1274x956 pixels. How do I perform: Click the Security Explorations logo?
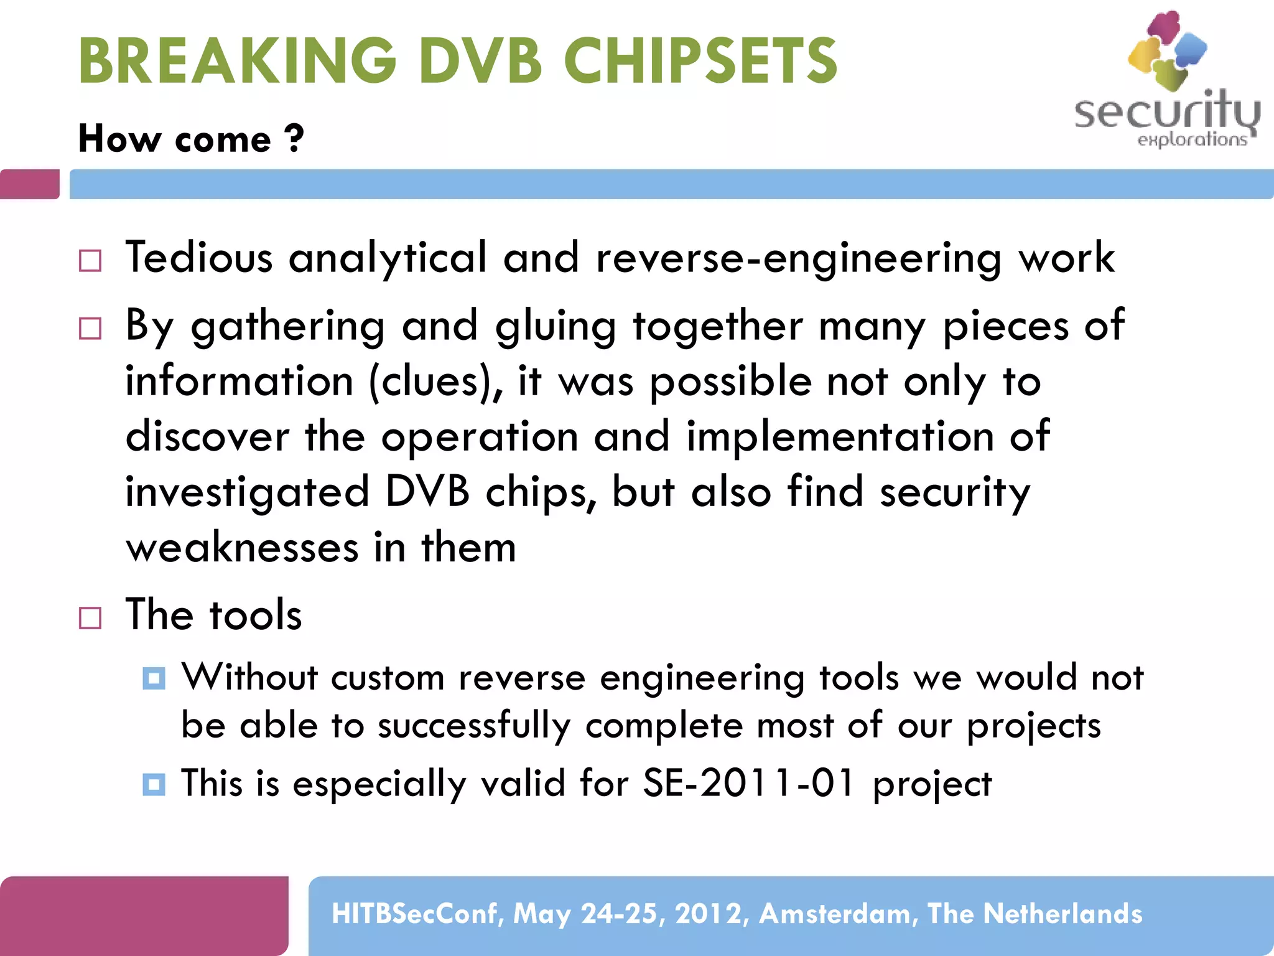pyautogui.click(x=1167, y=81)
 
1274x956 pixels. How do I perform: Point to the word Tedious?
pyautogui.click(x=199, y=257)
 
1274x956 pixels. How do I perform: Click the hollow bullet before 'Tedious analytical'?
pyautogui.click(x=90, y=261)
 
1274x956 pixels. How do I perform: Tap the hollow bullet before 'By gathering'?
pyautogui.click(x=90, y=328)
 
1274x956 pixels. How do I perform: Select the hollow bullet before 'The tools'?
pyautogui.click(x=90, y=618)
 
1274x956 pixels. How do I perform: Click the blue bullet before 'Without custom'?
pyautogui.click(x=154, y=678)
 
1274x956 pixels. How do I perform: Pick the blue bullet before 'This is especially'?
pyautogui.click(x=154, y=784)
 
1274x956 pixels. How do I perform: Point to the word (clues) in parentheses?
pyautogui.click(x=435, y=382)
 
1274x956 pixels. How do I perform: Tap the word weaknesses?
pyautogui.click(x=242, y=548)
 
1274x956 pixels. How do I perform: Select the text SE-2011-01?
pyautogui.click(x=749, y=783)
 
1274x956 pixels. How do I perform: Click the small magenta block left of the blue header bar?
pyautogui.click(x=29, y=184)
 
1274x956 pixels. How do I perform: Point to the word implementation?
pyautogui.click(x=840, y=436)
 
